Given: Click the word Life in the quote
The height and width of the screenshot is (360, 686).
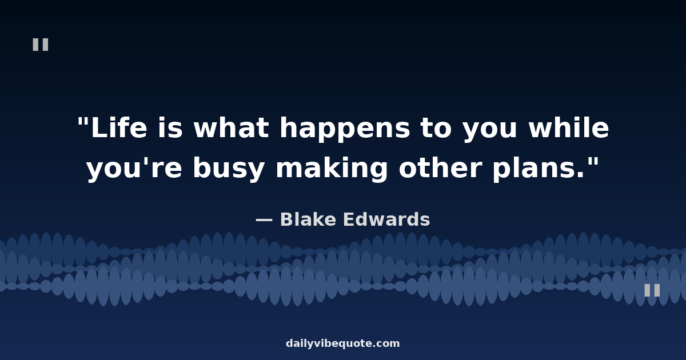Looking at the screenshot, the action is coord(119,127).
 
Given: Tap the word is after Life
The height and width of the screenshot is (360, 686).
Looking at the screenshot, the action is coord(170,127).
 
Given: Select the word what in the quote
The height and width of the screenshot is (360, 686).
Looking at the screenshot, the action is coord(231,127).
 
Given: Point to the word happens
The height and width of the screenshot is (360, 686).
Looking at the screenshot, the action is coord(345,130).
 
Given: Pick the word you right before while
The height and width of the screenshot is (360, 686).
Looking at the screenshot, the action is coord(490,131).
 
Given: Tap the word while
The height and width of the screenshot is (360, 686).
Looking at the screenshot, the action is coord(569,127).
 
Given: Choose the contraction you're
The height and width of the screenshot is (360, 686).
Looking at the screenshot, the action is coord(134,169).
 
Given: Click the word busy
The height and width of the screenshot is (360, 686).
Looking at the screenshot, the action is coord(229,170).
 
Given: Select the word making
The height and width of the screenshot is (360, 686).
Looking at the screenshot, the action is coord(332,170).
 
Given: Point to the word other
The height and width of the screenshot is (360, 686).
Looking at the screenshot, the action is coord(440,168).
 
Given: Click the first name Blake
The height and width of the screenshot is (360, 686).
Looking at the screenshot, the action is coord(308,219).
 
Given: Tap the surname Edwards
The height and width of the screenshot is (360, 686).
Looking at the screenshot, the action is coord(386,219).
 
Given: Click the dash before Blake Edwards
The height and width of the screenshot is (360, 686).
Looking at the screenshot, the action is coord(264,220).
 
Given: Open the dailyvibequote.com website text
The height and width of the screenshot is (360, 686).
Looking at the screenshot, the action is coord(342,343).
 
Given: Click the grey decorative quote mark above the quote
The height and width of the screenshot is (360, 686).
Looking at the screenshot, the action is coord(41,45).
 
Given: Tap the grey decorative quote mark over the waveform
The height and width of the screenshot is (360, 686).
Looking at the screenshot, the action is coord(652,290).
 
